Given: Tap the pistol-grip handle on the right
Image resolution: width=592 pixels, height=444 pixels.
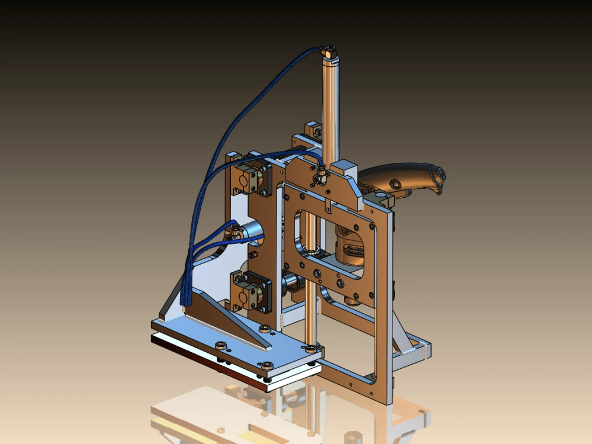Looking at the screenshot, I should coord(403,178).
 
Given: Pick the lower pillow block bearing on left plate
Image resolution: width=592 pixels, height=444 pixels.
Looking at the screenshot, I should coord(251,289).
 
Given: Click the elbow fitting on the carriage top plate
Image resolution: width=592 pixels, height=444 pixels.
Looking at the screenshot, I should coord(320,175).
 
